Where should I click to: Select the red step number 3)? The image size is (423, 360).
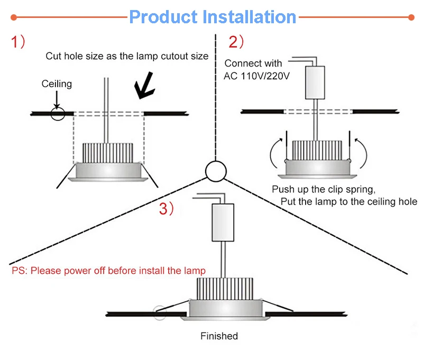tap(167, 209)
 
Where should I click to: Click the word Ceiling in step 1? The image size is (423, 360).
tap(57, 84)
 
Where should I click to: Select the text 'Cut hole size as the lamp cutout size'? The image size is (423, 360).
tap(127, 56)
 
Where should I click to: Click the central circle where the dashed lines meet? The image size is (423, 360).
tap(216, 171)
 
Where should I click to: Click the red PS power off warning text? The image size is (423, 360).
tap(108, 271)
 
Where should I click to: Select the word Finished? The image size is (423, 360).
tap(219, 336)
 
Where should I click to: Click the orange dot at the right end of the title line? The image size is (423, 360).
tap(411, 17)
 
